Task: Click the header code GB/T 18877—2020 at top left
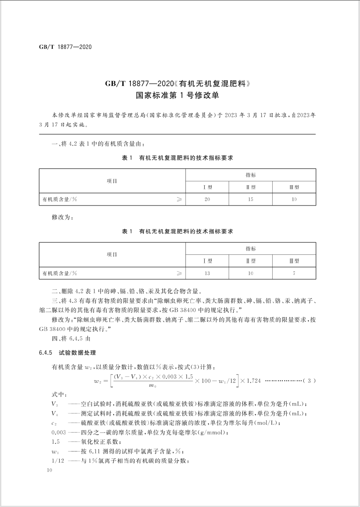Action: point(65,47)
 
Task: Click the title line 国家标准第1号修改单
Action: point(177,95)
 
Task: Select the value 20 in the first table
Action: point(207,199)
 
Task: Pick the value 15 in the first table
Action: point(250,199)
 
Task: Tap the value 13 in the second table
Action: point(207,273)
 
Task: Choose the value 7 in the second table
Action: point(294,273)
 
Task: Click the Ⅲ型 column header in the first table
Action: point(294,187)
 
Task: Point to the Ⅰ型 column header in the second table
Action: point(207,261)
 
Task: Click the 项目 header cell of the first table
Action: point(112,181)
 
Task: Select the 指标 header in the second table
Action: point(251,248)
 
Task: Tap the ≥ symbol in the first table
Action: point(179,199)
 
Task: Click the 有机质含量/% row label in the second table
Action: point(60,273)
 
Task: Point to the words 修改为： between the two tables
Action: point(62,217)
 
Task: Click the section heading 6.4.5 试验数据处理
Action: point(67,353)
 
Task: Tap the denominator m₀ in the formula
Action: point(153,386)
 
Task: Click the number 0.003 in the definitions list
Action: point(59,432)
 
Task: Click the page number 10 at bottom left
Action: point(49,470)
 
